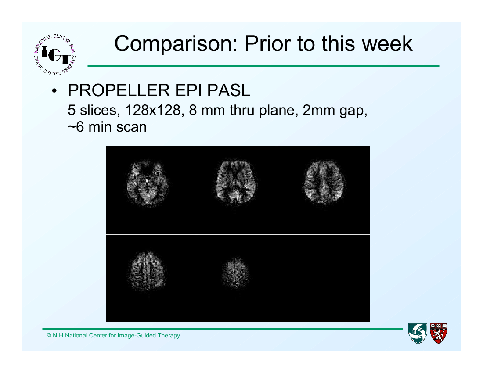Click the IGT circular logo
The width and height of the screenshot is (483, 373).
point(55,54)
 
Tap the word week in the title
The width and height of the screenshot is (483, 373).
point(387,43)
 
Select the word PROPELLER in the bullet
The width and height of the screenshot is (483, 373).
point(119,90)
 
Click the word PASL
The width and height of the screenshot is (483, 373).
point(228,90)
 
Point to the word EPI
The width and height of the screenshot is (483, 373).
point(188,90)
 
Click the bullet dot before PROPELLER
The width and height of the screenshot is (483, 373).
point(54,91)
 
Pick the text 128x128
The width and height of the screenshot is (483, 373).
point(153,110)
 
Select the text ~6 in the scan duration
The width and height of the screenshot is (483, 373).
point(76,127)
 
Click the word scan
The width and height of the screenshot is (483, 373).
point(133,127)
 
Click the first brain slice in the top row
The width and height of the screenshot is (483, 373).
point(147,183)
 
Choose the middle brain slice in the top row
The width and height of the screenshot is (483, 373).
point(236,182)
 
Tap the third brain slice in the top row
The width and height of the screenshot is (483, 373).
point(324,182)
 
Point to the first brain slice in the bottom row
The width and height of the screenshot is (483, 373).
point(148,271)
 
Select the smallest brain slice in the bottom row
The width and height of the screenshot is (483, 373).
point(235,273)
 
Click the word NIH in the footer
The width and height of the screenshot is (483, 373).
point(58,335)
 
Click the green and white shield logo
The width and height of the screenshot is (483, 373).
point(418,334)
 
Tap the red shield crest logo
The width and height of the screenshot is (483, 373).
point(439,334)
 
